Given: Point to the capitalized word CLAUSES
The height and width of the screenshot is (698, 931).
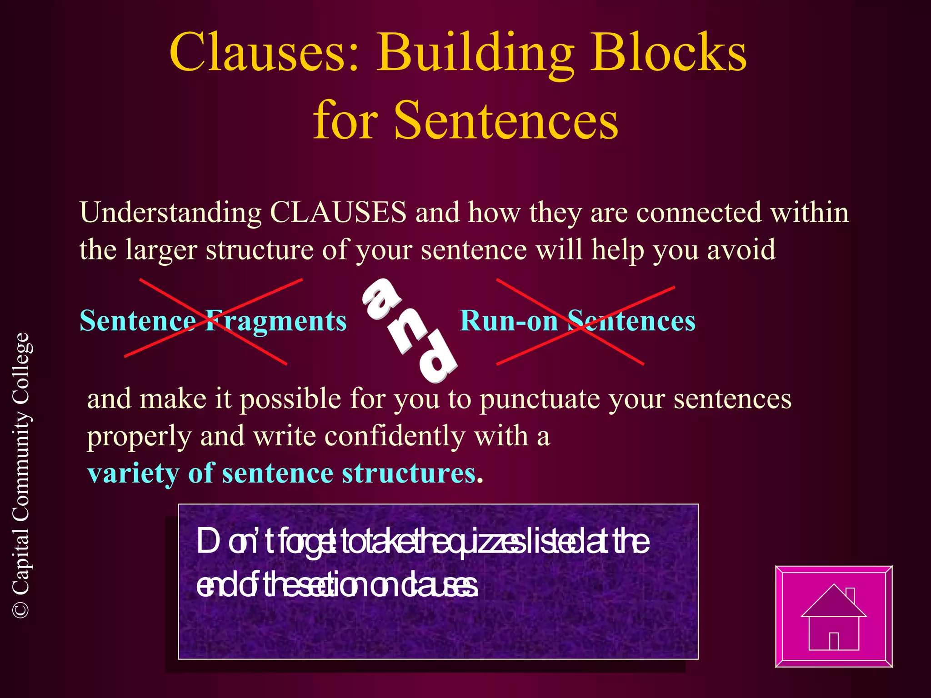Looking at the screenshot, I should point(338,212).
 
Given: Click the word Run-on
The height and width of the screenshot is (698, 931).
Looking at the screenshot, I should point(509,321).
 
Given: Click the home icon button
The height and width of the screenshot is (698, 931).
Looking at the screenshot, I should point(834,617).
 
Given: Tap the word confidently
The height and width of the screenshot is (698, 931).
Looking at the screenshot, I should point(395,436).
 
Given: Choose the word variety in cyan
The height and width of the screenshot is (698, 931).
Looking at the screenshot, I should point(133,474).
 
